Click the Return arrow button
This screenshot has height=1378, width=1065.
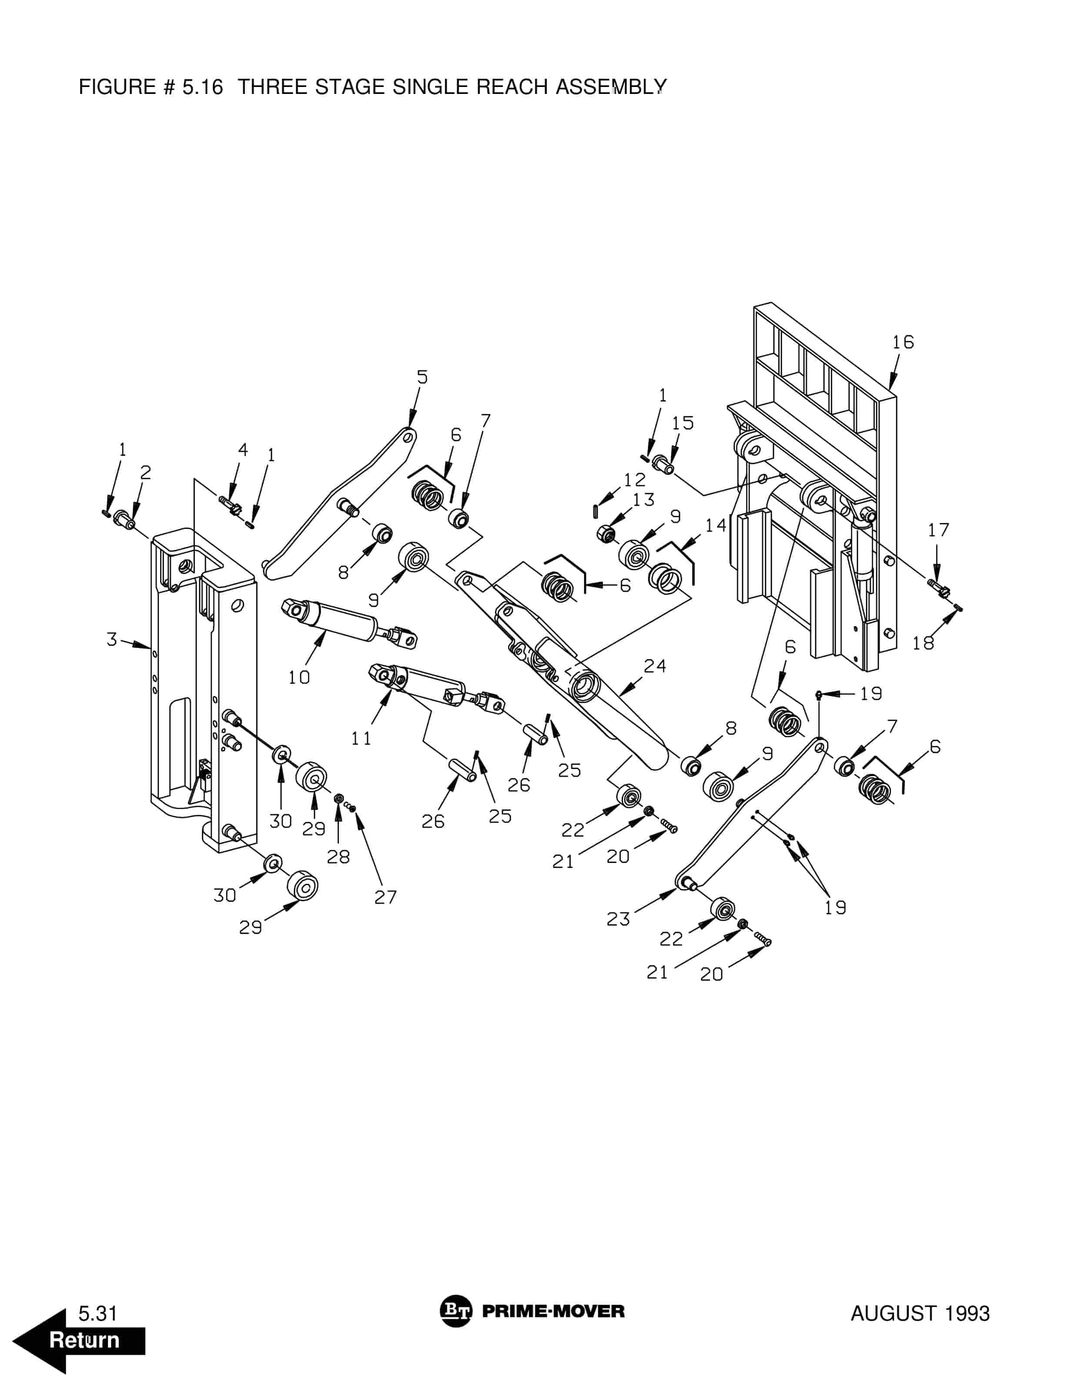point(79,1340)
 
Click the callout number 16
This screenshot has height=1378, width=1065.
point(903,342)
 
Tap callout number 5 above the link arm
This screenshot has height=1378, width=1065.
point(422,377)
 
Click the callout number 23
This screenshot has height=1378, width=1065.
point(618,919)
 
